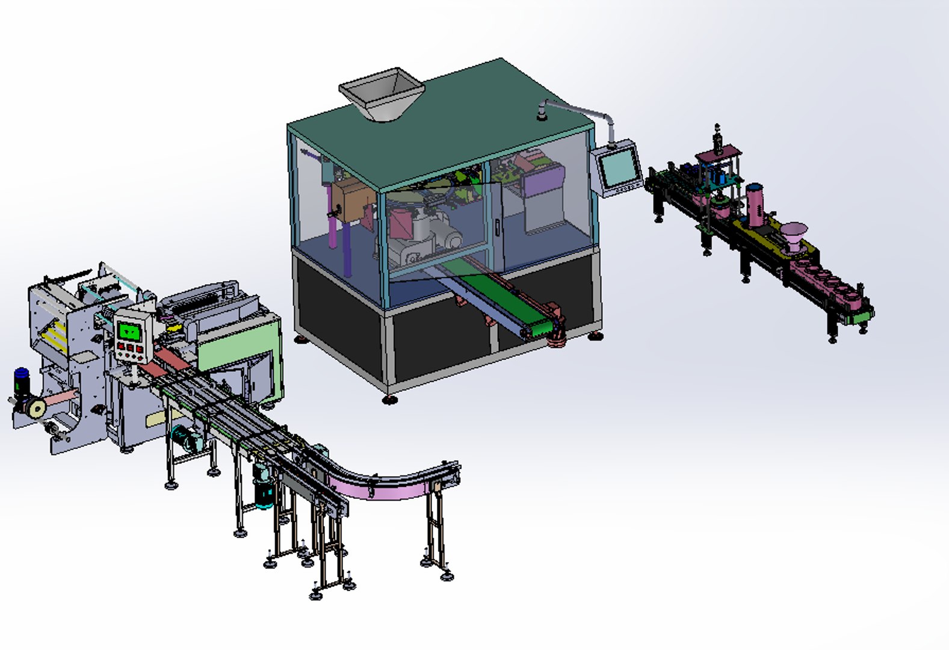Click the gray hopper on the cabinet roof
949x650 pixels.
pos(382,93)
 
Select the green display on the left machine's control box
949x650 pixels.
pos(129,330)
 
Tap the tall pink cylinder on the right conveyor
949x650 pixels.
pos(755,204)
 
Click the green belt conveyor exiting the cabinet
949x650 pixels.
pos(512,301)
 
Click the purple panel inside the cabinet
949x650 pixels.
pos(545,180)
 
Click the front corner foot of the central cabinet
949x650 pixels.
pos(390,398)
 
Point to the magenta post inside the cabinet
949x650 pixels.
pos(332,223)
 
